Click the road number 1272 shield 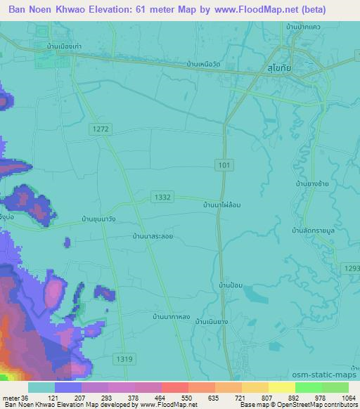(101, 129)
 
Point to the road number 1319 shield (123, 359)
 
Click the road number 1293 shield (352, 267)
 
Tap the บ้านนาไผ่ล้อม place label (222, 204)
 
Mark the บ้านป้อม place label (231, 285)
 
